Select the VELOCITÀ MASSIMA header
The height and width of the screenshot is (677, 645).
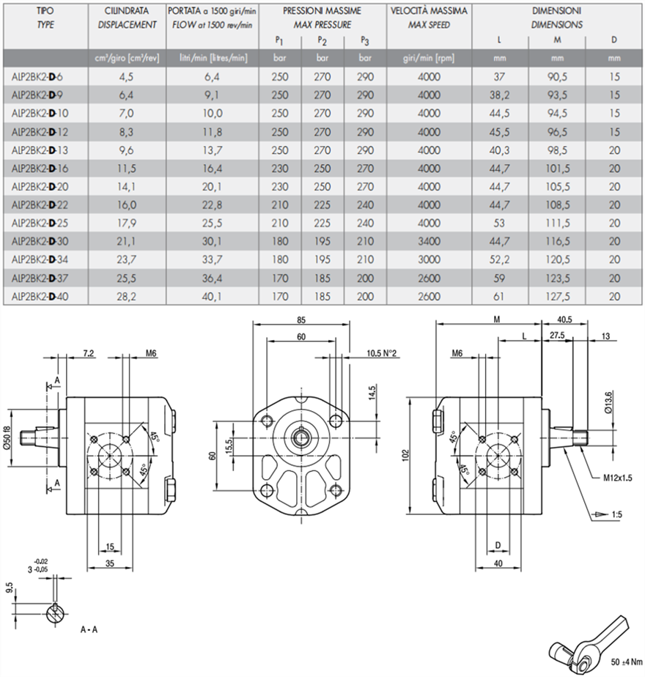(429, 12)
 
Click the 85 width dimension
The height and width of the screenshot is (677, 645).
(302, 319)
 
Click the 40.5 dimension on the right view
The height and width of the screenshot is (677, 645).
(564, 319)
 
